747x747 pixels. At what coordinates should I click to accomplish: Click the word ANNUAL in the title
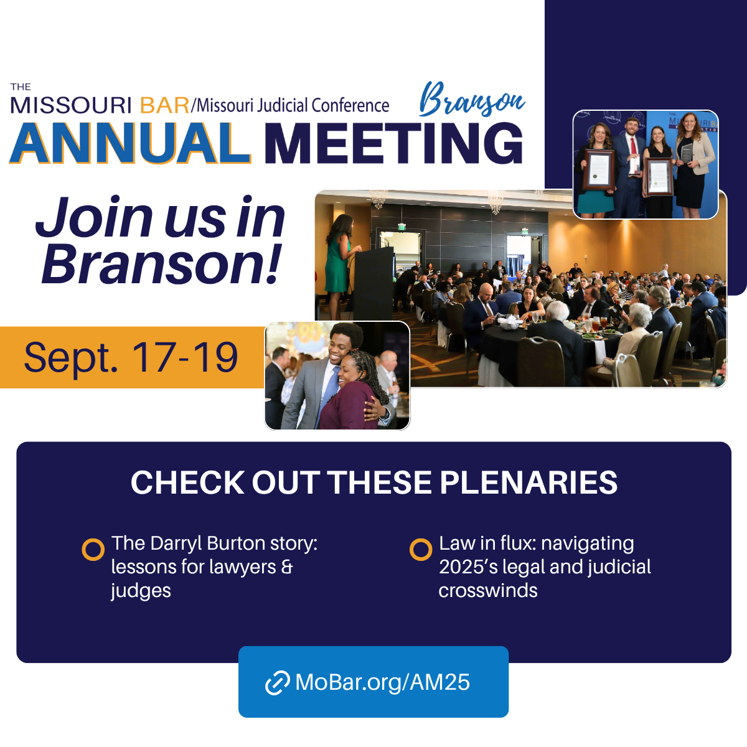129,143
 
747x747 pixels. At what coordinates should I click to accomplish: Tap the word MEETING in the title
393,143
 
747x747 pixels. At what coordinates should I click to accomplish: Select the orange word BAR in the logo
164,105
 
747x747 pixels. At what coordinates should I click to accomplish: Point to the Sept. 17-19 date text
131,357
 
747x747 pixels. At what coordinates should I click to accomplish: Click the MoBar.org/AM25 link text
382,682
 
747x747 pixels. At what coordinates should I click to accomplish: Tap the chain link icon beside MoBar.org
277,683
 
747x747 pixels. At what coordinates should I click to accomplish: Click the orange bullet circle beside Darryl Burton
93,550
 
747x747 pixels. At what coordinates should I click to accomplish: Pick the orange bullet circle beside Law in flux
421,550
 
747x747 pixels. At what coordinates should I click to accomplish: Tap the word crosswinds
487,591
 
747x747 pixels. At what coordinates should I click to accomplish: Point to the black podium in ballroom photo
374,283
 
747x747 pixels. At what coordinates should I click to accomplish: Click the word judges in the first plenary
141,591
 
